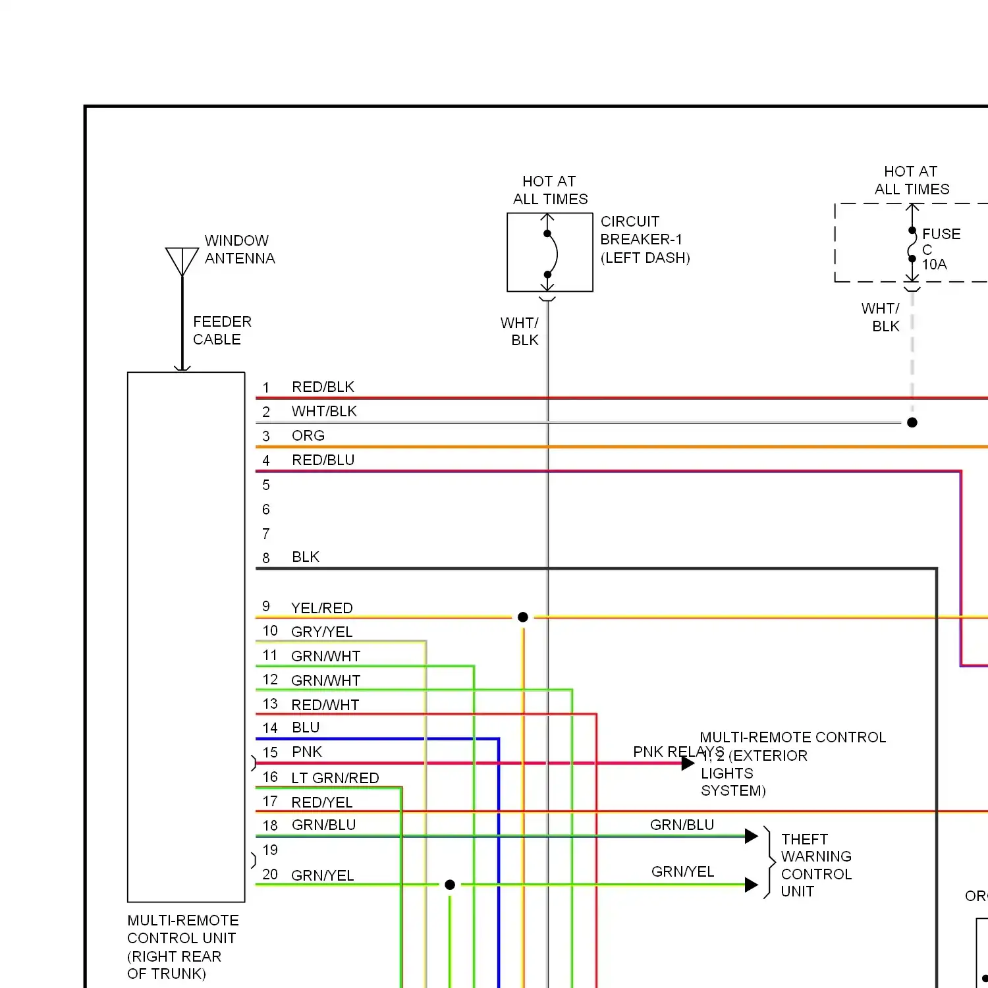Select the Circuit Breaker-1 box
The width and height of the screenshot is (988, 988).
(549, 252)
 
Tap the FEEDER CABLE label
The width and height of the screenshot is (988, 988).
(222, 331)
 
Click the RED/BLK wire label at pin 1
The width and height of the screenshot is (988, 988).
(323, 387)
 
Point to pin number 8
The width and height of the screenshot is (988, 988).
(266, 558)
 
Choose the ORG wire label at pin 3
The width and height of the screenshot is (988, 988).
(308, 435)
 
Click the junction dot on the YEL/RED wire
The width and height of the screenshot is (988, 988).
(523, 617)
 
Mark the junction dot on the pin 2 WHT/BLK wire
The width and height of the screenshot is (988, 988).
(912, 422)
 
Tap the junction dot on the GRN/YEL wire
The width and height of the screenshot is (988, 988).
(450, 885)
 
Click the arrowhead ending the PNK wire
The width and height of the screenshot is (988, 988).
(688, 763)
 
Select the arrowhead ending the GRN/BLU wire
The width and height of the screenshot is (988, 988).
(751, 836)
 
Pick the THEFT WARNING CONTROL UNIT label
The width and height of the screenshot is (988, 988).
(816, 865)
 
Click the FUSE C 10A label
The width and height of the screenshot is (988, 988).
(941, 249)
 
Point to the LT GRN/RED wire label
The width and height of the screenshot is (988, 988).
(335, 778)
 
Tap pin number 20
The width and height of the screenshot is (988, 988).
(270, 874)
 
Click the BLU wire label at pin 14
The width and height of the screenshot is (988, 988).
(306, 727)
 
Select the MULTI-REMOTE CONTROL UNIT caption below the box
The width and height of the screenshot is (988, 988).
(182, 947)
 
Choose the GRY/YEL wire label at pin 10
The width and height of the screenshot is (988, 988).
(321, 632)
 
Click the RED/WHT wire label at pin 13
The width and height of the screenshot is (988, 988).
(325, 705)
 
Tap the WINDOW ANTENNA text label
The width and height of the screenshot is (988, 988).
(239, 250)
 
